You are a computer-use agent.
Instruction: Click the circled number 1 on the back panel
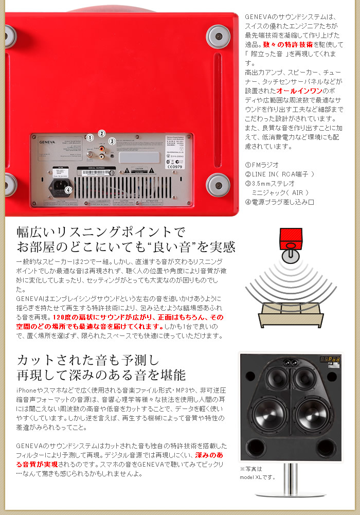click(x=90, y=138)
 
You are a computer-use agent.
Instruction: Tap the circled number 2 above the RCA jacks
click(x=102, y=133)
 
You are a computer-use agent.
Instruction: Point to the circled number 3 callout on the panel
click(x=112, y=141)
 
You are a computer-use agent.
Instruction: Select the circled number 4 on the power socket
click(x=68, y=190)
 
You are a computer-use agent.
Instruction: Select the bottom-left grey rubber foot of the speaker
click(x=9, y=184)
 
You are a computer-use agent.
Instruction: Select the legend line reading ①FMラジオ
click(x=262, y=165)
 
